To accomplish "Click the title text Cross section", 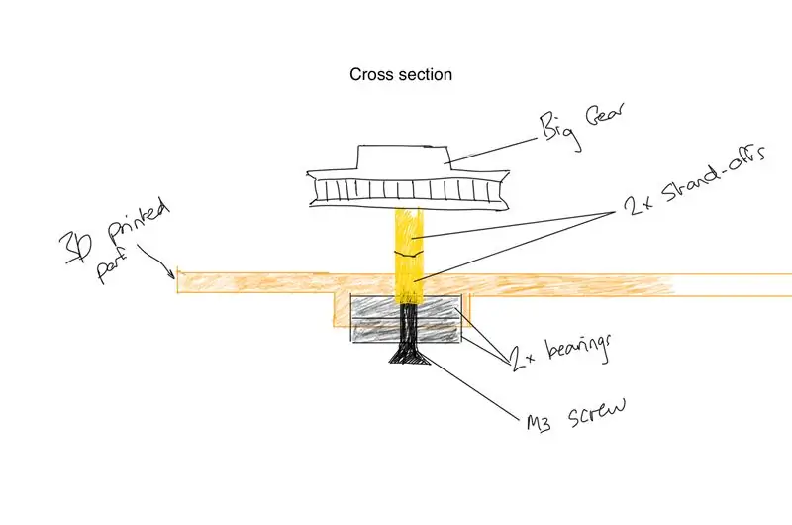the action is tap(401, 74).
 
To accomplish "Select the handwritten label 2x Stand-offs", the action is tap(696, 182).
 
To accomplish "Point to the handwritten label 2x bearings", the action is tap(559, 352).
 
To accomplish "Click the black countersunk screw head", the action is tap(409, 355).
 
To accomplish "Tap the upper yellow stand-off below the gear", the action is tap(409, 230).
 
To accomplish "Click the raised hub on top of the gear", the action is tap(403, 157).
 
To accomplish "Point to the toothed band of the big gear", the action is tap(408, 190).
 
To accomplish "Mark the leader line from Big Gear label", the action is tap(493, 150).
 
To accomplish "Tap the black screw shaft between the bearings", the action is tap(409, 323).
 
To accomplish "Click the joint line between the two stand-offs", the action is tap(409, 254).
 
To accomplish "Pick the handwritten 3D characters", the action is tap(77, 248).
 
